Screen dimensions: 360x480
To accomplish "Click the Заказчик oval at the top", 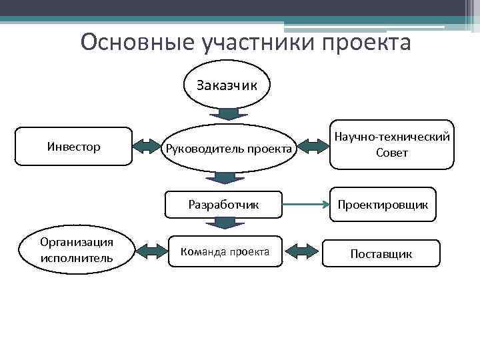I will (227, 85).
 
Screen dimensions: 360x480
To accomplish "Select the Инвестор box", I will (73, 146).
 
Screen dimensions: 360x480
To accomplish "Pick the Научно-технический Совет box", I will (391, 145).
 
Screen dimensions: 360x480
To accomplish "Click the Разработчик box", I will (223, 204).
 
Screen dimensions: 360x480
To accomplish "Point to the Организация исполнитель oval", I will (76, 249).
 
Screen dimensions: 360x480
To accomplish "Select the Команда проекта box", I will (225, 251).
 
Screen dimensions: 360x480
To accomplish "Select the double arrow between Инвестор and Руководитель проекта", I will (149, 147).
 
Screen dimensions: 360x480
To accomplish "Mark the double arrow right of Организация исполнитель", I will (153, 251).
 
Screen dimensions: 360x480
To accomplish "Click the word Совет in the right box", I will (391, 153).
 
